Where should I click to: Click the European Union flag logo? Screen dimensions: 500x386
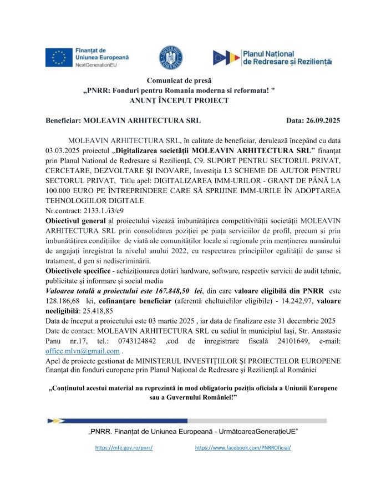pyautogui.click(x=58, y=57)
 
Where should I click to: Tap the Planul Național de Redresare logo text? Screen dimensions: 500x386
pyautogui.click(x=287, y=57)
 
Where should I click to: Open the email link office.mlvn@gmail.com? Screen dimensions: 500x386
pyautogui.click(x=82, y=351)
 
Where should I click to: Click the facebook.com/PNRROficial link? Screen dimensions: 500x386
pyautogui.click(x=243, y=447)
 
